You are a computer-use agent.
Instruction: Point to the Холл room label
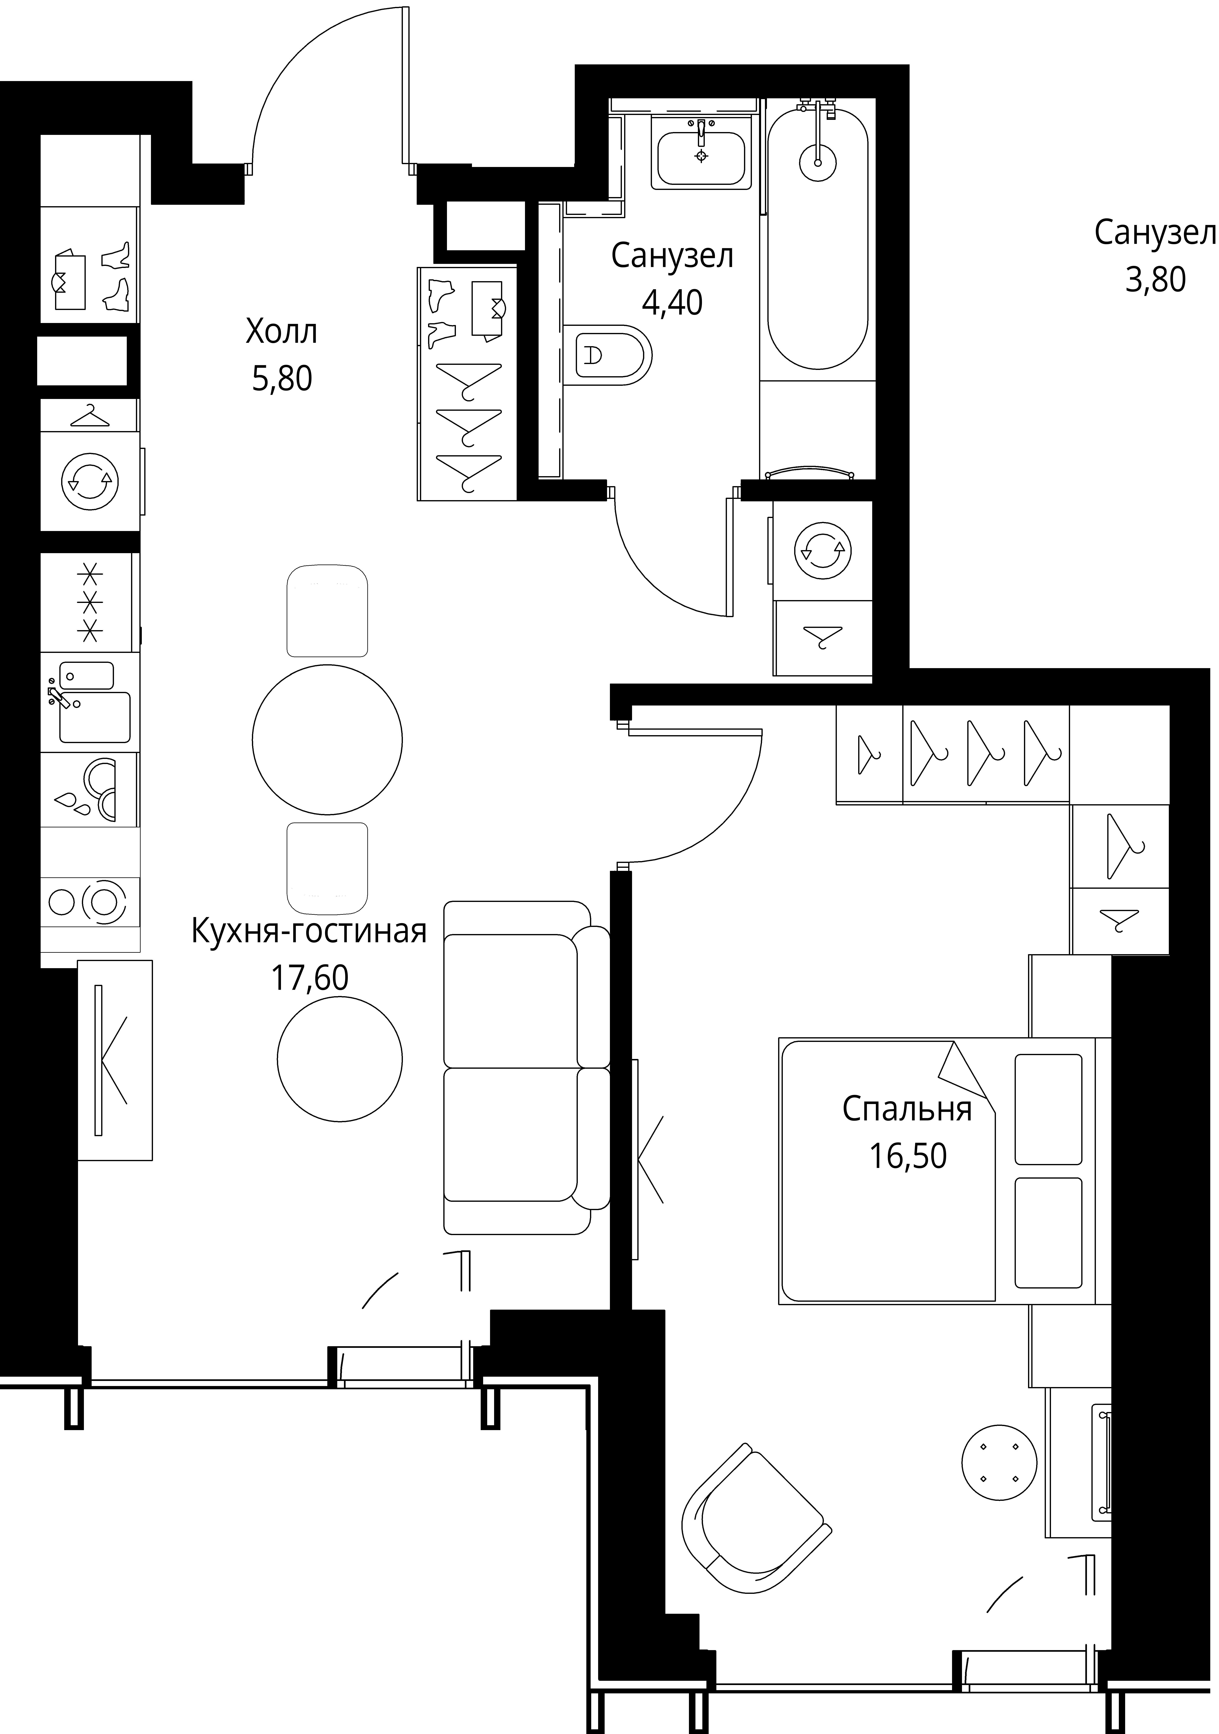click(281, 332)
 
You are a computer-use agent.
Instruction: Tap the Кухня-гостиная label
click(309, 931)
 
